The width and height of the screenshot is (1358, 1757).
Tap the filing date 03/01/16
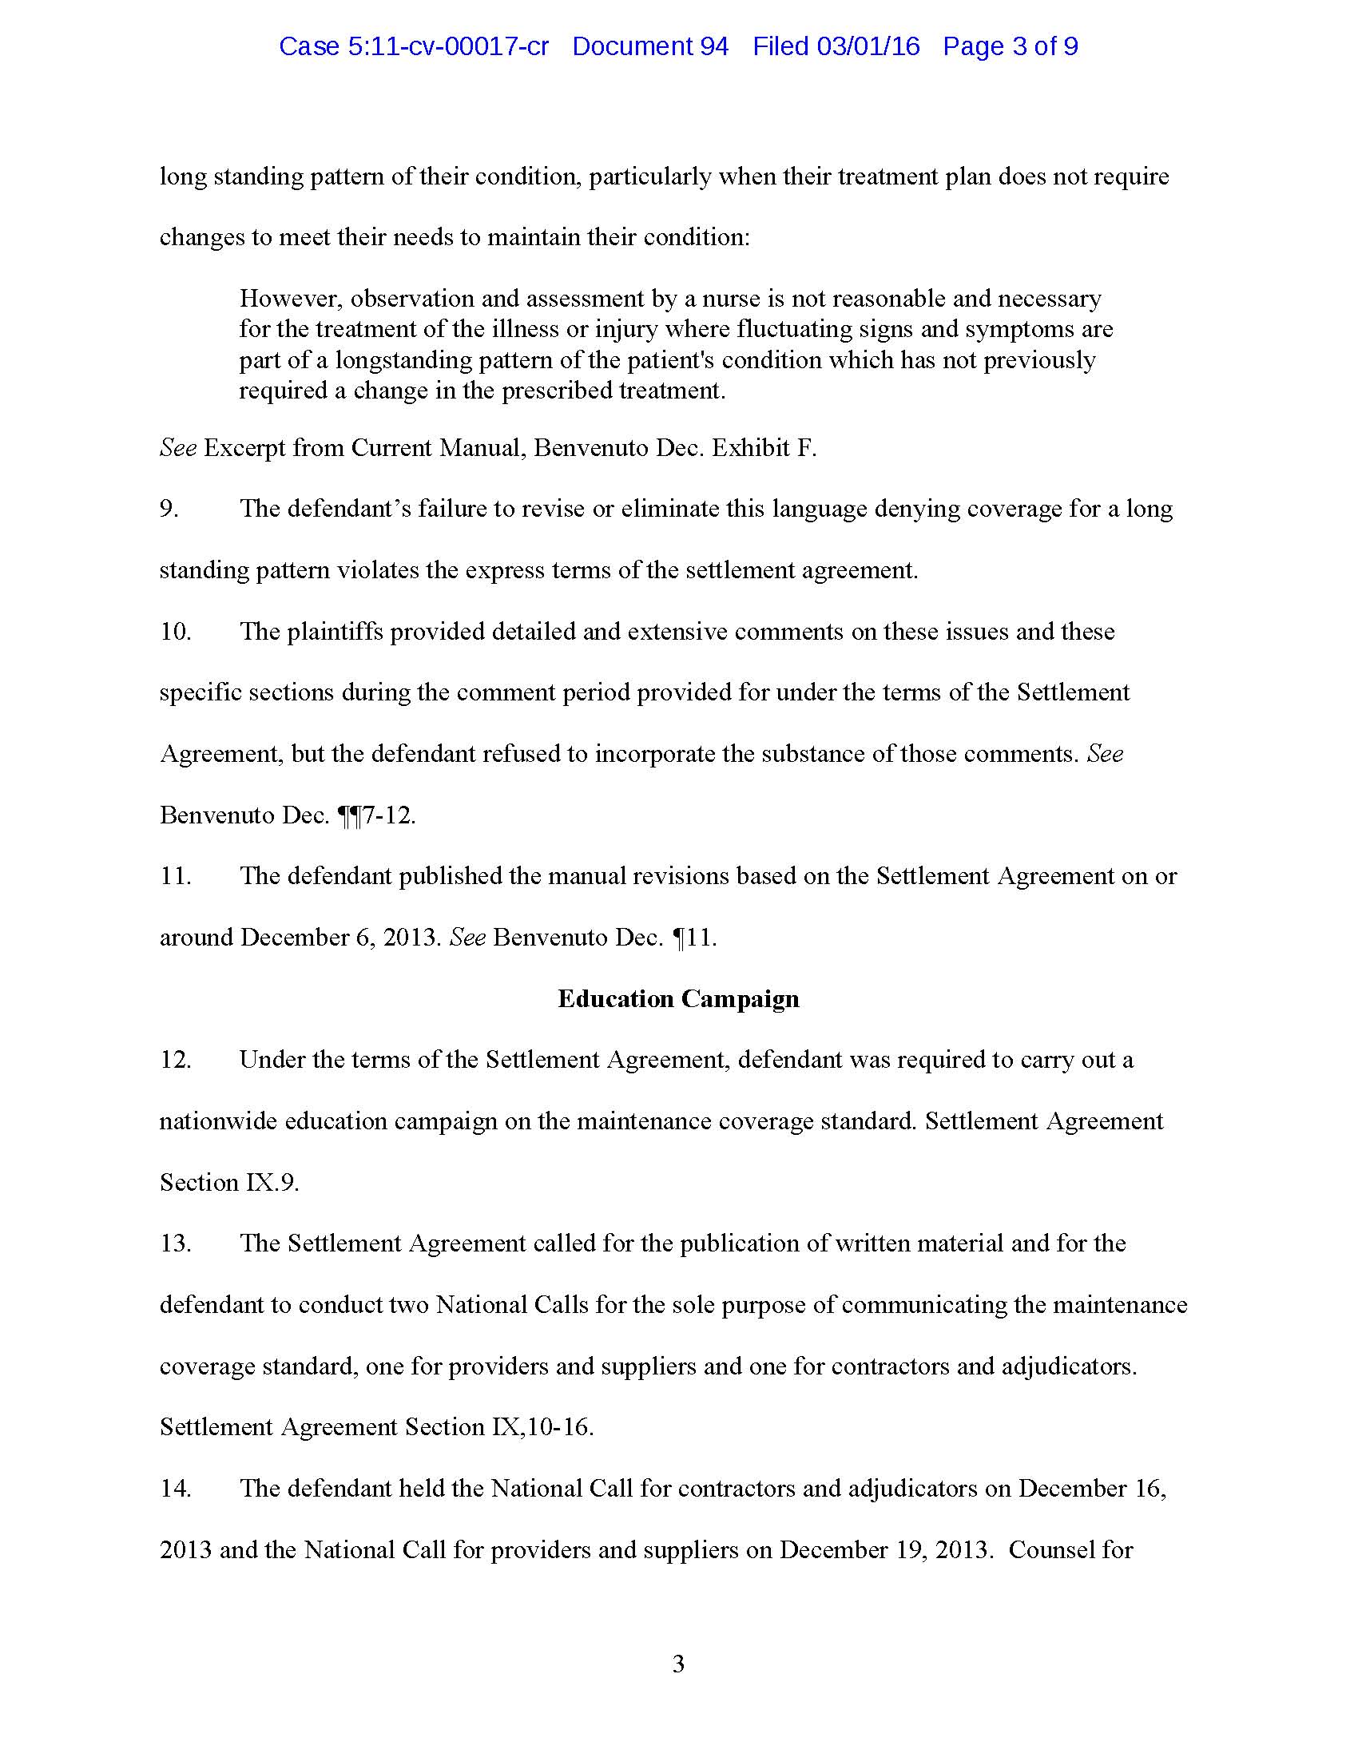pos(868,46)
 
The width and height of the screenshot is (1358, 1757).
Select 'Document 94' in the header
pos(650,46)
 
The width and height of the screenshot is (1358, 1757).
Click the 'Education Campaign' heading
pos(678,998)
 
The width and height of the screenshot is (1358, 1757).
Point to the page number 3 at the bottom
pos(678,1664)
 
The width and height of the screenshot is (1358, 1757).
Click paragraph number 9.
pos(169,510)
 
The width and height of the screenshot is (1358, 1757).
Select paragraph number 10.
pos(176,632)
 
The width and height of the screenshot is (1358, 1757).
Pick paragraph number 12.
pos(176,1060)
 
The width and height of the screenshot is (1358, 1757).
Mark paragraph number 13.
pos(176,1243)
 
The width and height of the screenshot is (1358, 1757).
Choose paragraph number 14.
pos(176,1489)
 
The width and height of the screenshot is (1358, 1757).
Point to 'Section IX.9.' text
pos(229,1183)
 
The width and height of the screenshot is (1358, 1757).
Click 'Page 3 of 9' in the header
pos(1010,46)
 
